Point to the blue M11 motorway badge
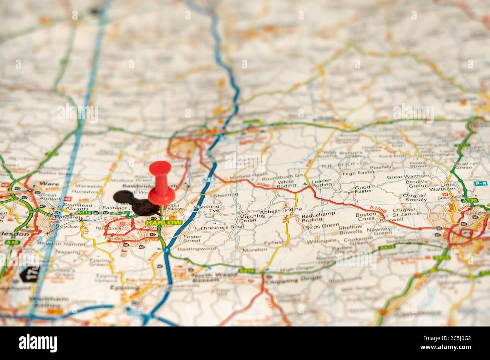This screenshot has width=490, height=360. pos(206,181)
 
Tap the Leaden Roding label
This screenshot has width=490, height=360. pos(321,183)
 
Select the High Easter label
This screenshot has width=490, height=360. pos(359,173)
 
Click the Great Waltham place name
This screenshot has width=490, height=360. pos(408,176)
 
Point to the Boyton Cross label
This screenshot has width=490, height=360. pos(366,217)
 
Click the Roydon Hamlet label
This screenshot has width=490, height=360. pos(66,244)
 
